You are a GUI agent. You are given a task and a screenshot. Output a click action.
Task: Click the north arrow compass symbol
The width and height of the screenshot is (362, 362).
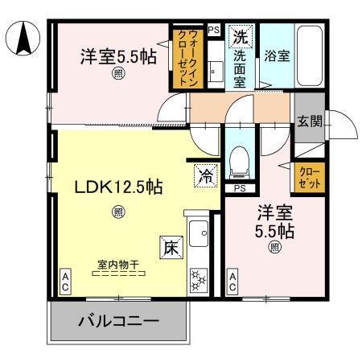tap(23, 38)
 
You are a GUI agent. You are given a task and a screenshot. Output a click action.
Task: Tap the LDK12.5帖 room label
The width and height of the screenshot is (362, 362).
tap(119, 187)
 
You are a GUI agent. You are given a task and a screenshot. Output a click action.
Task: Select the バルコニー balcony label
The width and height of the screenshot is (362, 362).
tap(118, 322)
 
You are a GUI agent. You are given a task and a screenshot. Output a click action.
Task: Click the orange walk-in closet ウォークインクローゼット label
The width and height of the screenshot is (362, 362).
tap(179, 59)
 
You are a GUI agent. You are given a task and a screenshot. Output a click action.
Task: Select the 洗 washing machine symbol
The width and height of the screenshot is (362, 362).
tap(241, 35)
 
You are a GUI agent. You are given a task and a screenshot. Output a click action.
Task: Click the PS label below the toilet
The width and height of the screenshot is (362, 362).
tap(239, 189)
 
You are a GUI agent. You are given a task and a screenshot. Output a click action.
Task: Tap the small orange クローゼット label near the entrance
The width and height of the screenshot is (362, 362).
tap(309, 178)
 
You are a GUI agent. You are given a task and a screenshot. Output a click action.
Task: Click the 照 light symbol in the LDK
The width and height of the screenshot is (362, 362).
tap(118, 212)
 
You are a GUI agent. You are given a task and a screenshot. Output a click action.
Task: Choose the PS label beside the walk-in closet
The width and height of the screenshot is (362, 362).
tap(213, 30)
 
